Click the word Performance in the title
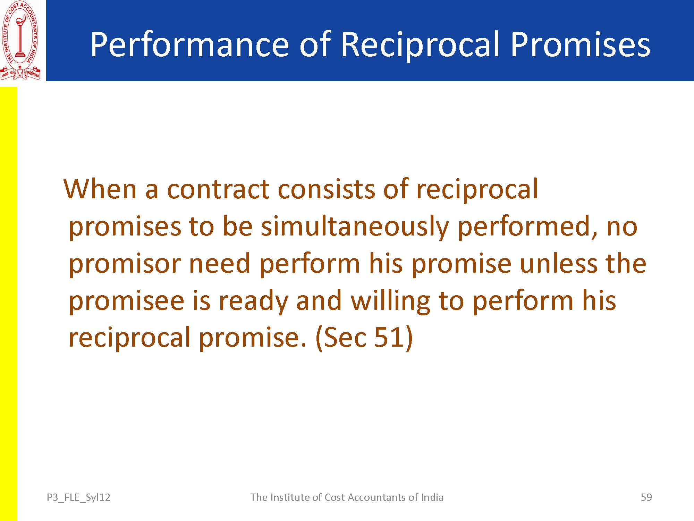pyautogui.click(x=189, y=44)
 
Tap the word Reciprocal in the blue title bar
pyautogui.click(x=420, y=44)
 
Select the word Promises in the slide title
pyautogui.click(x=580, y=44)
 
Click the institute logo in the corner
pyautogui.click(x=20, y=41)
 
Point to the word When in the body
pyautogui.click(x=100, y=189)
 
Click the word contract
pyautogui.click(x=218, y=190)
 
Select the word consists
pyautogui.click(x=327, y=190)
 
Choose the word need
pyautogui.click(x=220, y=263)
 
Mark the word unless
pyautogui.click(x=559, y=263)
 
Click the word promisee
pyautogui.click(x=126, y=301)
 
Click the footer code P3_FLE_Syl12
pyautogui.click(x=78, y=497)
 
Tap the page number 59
pyautogui.click(x=646, y=497)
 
